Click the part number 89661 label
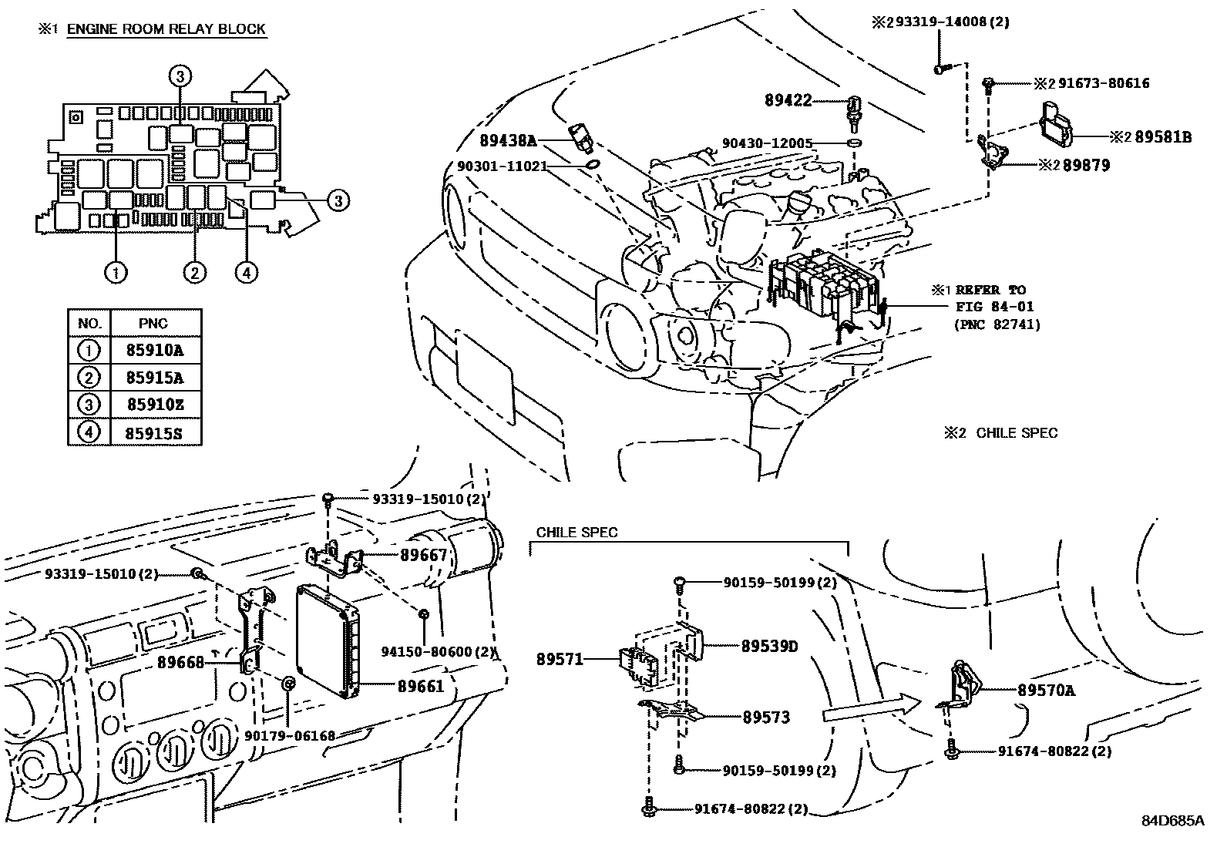click(421, 685)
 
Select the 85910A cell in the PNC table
click(154, 351)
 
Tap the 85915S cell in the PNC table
click(154, 432)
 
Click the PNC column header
click(154, 324)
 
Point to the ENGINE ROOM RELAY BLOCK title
click(166, 30)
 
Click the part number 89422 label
click(788, 100)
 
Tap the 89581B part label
click(1163, 137)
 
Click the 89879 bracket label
click(1086, 165)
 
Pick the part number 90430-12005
click(767, 143)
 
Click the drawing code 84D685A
click(1172, 820)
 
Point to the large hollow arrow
click(871, 708)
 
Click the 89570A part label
click(1045, 691)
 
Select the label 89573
click(766, 718)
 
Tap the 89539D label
click(769, 646)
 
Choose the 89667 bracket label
click(423, 555)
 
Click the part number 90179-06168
click(290, 736)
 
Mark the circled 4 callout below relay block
click(246, 272)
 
